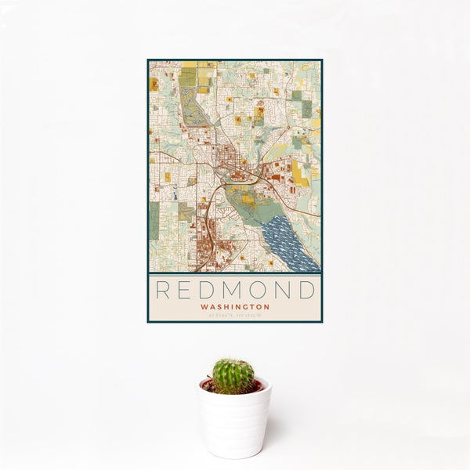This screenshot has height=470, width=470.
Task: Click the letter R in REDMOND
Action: [163, 291]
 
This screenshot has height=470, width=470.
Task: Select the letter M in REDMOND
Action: [234, 291]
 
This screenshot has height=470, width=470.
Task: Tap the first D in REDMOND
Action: [209, 291]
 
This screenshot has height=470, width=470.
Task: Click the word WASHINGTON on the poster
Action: [235, 307]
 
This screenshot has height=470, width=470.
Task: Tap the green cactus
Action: [233, 376]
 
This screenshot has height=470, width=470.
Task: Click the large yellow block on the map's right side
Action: [300, 173]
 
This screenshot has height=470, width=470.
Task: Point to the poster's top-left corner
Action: [148, 60]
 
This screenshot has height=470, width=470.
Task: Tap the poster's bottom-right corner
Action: [321, 321]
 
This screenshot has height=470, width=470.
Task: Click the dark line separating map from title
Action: [235, 273]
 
